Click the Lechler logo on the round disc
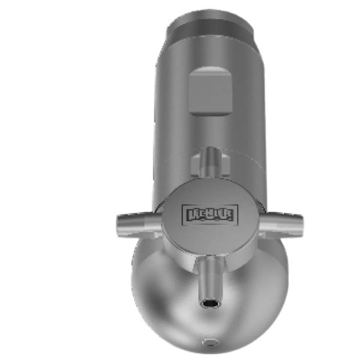pyautogui.click(x=210, y=215)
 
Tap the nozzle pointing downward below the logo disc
pyautogui.click(x=211, y=282)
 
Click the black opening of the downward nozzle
pyautogui.click(x=211, y=304)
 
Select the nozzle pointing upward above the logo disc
pyautogui.click(x=211, y=162)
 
